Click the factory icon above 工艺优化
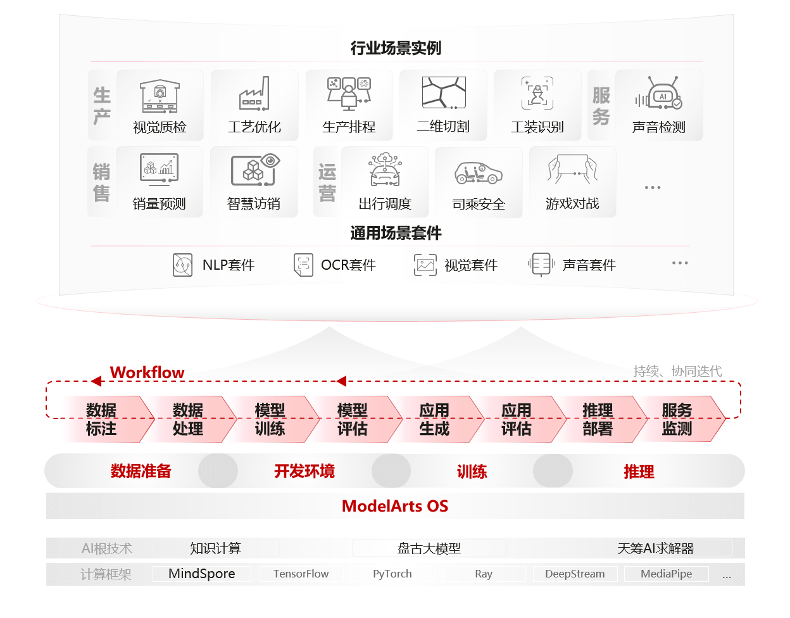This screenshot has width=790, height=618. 254,93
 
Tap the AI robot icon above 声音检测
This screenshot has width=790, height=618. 659,92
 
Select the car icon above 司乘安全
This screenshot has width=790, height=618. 478,173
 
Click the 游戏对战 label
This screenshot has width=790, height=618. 572,204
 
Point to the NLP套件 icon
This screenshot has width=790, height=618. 182,265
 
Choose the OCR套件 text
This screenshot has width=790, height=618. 348,265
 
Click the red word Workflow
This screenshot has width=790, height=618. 147,372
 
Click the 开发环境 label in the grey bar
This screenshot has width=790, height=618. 304,471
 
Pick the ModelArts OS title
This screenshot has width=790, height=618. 395,506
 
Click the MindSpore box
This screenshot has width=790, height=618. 202,574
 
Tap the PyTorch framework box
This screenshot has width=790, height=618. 392,574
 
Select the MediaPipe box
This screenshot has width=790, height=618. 667,574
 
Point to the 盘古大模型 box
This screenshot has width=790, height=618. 429,548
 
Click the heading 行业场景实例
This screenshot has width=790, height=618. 396,48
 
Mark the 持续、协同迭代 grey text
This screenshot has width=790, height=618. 678,371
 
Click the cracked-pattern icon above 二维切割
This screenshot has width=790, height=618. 444,92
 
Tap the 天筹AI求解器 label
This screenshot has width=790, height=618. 656,548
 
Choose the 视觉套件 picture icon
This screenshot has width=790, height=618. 425,265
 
